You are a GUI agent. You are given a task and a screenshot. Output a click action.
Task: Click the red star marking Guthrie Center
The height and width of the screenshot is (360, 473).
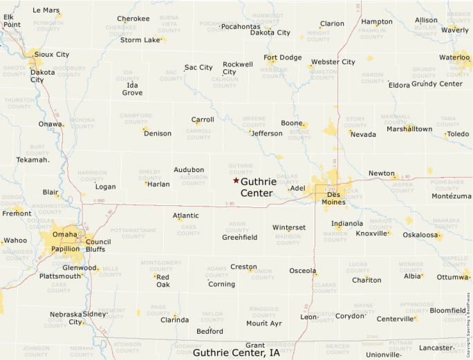click(236, 180)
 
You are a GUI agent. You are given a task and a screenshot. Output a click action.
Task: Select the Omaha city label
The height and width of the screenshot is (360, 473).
click(66, 233)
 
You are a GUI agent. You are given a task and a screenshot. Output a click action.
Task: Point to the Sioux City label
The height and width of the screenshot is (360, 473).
click(52, 54)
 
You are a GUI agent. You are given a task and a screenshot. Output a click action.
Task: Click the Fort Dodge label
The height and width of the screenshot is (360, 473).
click(283, 57)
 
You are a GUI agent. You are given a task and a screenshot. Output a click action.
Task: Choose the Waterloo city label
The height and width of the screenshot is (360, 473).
click(454, 57)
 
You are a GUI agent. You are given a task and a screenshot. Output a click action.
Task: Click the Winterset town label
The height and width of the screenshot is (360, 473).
click(289, 227)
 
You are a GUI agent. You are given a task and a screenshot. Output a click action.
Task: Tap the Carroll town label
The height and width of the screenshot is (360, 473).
click(203, 120)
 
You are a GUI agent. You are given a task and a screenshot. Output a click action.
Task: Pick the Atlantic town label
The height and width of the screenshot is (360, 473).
click(186, 216)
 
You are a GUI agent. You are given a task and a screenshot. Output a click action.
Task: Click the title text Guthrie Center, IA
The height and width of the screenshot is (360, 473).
click(236, 352)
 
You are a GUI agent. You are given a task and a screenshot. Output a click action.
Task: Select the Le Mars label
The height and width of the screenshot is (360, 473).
click(46, 10)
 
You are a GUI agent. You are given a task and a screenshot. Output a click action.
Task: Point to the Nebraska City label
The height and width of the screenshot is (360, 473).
click(66, 318)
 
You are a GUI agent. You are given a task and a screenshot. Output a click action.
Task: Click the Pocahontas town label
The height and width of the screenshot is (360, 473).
click(241, 27)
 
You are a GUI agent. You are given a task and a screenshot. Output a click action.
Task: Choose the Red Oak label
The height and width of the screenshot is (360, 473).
click(163, 280)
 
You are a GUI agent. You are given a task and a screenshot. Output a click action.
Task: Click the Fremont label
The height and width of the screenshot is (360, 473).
click(17, 214)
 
